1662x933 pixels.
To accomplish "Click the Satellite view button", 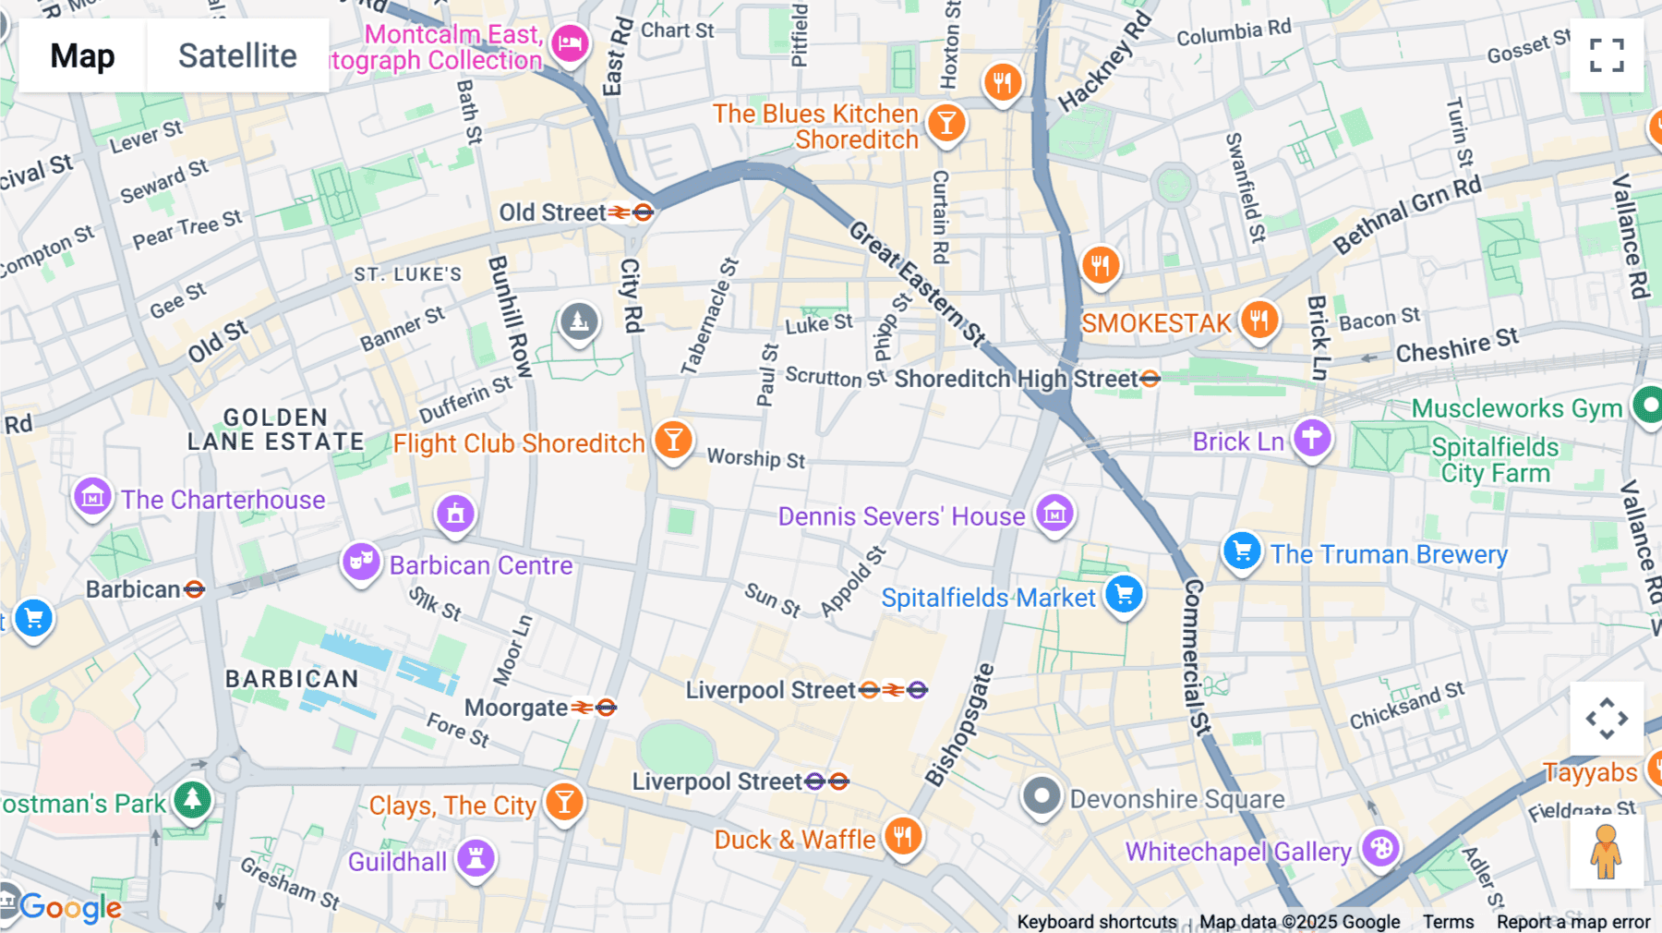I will click(237, 55).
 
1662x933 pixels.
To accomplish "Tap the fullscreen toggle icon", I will click(1607, 55).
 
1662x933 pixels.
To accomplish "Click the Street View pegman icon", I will click(1606, 852).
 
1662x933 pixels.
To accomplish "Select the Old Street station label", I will click(552, 212).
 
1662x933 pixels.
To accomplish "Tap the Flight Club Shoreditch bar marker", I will click(673, 440).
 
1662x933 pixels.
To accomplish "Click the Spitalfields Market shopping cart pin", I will click(1124, 594).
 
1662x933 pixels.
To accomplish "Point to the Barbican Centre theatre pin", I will click(361, 561).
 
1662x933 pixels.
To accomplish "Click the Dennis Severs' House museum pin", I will click(1054, 512).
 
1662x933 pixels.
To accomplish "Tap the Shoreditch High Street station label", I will click(1016, 379).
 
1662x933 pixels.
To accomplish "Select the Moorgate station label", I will click(516, 708).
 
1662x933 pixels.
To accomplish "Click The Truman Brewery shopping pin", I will click(1242, 551).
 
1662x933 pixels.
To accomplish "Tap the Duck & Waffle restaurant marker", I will click(902, 836).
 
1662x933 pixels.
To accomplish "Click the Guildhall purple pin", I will click(476, 857).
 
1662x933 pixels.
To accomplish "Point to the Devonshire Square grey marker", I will click(1042, 795).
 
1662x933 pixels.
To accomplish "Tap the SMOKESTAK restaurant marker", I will click(1259, 321).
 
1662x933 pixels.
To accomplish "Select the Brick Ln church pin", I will click(1312, 437).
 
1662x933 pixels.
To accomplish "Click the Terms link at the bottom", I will click(1448, 921).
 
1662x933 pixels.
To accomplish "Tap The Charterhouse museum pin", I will click(92, 497).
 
